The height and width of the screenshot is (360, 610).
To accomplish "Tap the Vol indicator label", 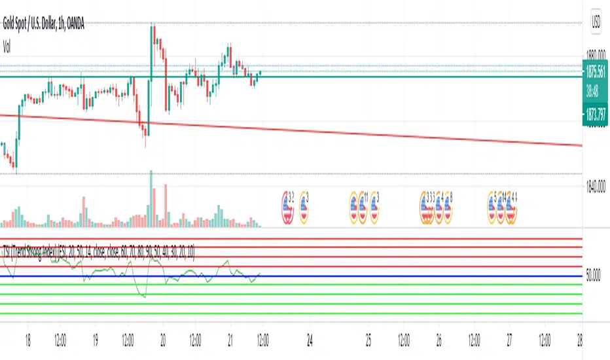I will [x=8, y=46].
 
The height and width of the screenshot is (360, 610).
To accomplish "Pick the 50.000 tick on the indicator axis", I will [x=594, y=277].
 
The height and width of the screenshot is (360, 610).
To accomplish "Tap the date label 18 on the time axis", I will [x=27, y=340].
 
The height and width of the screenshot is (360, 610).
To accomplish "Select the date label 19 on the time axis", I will [x=95, y=340].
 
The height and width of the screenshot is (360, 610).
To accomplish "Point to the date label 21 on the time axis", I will [x=230, y=340].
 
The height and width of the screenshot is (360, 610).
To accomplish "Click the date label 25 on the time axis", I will [x=368, y=340].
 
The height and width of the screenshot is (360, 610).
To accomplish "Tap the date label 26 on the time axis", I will [x=439, y=340].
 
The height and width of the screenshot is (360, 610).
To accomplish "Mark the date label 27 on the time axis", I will [x=509, y=340].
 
